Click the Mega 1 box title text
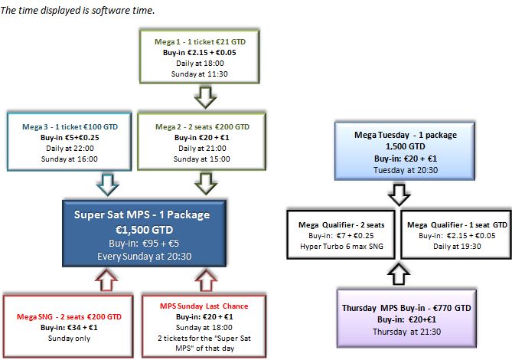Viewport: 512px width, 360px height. pos(200,42)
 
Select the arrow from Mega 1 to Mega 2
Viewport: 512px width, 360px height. pos(205,97)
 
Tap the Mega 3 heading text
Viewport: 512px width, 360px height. pos(70,126)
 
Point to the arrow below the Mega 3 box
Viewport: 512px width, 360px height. pos(108,185)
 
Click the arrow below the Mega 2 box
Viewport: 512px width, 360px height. pos(206,185)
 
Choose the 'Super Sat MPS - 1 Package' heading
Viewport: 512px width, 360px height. pos(142,214)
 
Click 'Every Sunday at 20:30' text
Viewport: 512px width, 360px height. pos(145,256)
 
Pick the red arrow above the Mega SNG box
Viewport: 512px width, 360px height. pos(106,280)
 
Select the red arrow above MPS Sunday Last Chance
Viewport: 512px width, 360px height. pos(206,280)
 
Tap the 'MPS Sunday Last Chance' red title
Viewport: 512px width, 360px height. pos(204,306)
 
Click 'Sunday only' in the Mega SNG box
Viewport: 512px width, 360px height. pos(69,338)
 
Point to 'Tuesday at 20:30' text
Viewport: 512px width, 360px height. pos(406,170)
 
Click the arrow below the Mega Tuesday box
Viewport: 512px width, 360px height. pos(399,195)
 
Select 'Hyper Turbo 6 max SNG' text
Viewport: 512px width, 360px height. pos(341,247)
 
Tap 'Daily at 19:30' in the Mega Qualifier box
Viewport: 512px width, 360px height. pos(457,247)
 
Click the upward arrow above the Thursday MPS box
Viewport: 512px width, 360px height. pos(399,273)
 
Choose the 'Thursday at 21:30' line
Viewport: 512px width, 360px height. pos(406,332)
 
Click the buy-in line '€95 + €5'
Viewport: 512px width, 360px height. pos(144,244)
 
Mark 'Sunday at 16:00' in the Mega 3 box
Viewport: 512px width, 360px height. pos(69,159)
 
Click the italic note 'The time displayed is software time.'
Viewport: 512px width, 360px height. pos(77,11)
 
